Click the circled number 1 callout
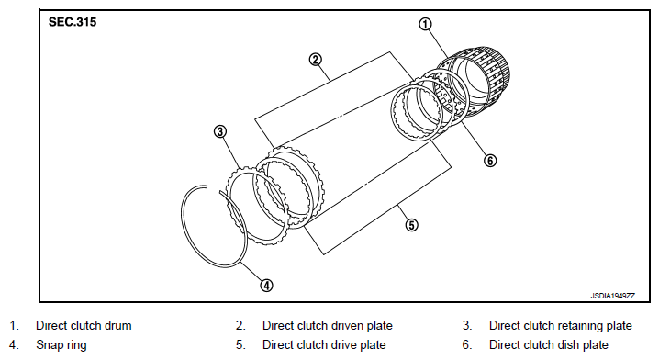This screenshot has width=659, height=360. pyautogui.click(x=425, y=25)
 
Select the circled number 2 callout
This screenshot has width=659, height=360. pyautogui.click(x=316, y=60)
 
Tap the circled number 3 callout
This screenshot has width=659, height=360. pyautogui.click(x=220, y=131)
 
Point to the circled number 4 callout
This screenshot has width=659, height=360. pyautogui.click(x=266, y=286)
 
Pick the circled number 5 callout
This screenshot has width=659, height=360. pyautogui.click(x=411, y=225)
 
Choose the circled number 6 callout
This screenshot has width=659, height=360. pyautogui.click(x=490, y=160)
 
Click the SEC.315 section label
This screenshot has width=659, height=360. pyautogui.click(x=73, y=22)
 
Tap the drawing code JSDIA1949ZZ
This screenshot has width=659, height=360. pyautogui.click(x=613, y=296)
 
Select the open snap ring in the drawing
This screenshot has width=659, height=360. pyautogui.click(x=184, y=235)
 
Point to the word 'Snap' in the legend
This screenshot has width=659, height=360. pyautogui.click(x=50, y=345)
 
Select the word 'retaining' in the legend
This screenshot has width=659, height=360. pyautogui.click(x=572, y=326)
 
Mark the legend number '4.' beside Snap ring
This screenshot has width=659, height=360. pyautogui.click(x=14, y=345)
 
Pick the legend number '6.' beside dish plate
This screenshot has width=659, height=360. pyautogui.click(x=467, y=345)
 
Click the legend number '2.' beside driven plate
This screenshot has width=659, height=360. pyautogui.click(x=240, y=325)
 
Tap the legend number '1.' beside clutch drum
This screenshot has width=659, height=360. pyautogui.click(x=14, y=325)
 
